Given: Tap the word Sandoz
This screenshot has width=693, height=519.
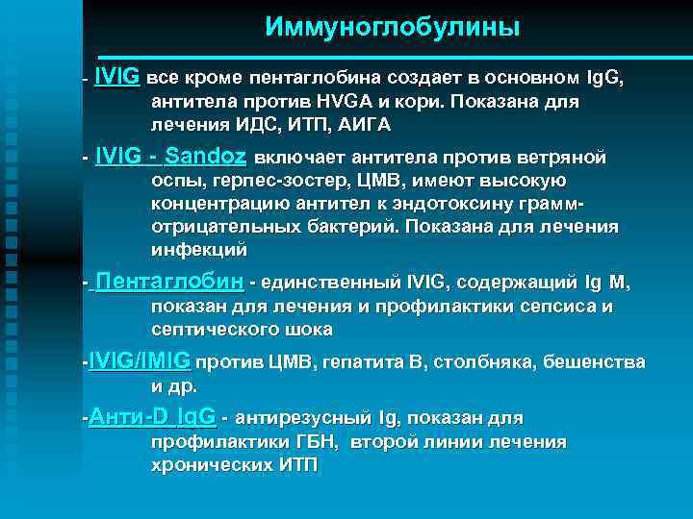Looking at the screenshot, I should pos(206,157).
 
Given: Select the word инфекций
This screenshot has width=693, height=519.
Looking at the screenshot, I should pos(199,250).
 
